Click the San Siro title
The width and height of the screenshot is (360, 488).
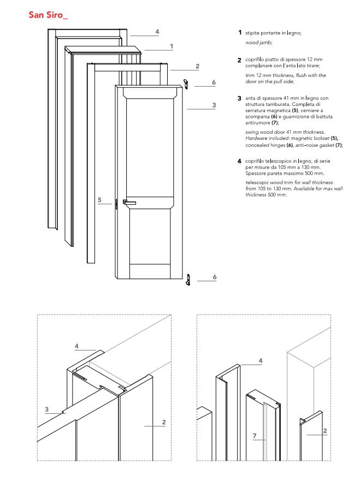click(x=49, y=14)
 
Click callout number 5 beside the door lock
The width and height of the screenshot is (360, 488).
click(x=100, y=200)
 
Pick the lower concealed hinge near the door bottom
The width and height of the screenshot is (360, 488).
click(x=187, y=279)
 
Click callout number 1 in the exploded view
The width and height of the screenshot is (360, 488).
click(x=172, y=46)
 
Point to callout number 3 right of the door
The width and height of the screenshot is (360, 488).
click(x=214, y=104)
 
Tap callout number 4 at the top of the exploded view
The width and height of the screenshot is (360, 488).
click(x=157, y=32)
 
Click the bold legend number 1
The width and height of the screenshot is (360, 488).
click(x=239, y=33)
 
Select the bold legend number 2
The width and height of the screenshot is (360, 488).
click(x=239, y=60)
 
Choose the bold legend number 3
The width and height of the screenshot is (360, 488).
click(x=239, y=98)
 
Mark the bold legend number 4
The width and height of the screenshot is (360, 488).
click(x=239, y=162)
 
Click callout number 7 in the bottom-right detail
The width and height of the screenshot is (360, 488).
click(x=255, y=436)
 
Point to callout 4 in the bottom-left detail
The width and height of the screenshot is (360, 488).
click(x=76, y=346)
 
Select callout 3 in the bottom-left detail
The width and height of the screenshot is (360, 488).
click(x=47, y=409)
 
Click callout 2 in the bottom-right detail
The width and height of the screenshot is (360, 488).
click(x=325, y=431)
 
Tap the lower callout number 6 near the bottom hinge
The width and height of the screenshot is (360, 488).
click(x=215, y=277)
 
